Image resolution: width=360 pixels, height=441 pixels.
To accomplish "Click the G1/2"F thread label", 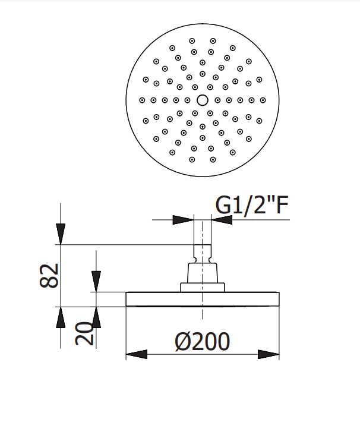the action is [x=252, y=205].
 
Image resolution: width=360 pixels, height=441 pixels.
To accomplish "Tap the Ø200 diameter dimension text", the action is [x=203, y=341].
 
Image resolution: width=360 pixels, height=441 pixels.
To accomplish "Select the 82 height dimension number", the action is [x=49, y=276].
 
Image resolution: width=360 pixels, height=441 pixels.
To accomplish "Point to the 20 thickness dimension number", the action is [x=84, y=333].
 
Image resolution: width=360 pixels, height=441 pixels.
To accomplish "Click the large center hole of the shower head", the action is [x=203, y=100].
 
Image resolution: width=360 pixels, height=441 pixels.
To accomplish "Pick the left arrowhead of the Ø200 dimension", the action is [x=137, y=354].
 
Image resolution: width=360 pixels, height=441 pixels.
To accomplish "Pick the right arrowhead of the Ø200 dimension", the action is [x=269, y=354].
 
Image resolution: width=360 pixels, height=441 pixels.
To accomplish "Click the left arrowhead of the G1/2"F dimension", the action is [x=183, y=220].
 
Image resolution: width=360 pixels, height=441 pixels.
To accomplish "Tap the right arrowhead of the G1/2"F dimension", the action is [x=222, y=220].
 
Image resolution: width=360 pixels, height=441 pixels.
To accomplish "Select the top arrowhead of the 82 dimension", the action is [x=61, y=234].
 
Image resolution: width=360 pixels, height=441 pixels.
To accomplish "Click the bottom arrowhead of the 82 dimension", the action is [x=61, y=317].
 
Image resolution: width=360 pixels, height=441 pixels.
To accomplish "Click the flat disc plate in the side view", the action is [x=203, y=300].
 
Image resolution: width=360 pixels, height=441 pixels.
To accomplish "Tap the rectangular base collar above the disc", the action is [x=203, y=288].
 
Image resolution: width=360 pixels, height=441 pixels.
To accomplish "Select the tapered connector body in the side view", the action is [x=203, y=273].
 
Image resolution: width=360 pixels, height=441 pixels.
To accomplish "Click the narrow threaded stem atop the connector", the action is [x=203, y=254].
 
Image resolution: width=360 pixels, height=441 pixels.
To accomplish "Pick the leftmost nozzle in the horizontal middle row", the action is [x=142, y=100].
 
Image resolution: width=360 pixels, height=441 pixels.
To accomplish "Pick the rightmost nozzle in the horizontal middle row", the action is [x=263, y=100].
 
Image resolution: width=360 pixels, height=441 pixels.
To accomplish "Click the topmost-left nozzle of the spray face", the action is [x=192, y=41].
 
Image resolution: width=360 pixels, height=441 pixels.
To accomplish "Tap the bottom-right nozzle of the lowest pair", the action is [x=213, y=160].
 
